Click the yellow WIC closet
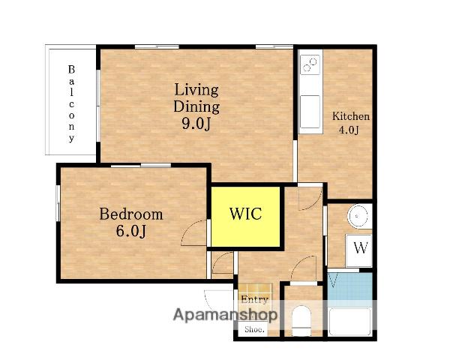(246, 217)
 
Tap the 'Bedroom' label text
(131, 214)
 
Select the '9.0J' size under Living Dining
(196, 124)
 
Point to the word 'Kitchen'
(351, 116)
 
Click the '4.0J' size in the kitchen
(349, 130)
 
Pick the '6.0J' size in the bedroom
(131, 231)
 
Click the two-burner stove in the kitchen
(310, 64)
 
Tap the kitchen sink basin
(310, 112)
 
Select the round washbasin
(358, 216)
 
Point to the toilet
(301, 321)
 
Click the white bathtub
(349, 322)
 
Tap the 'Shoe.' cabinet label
(254, 329)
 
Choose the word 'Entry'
(254, 299)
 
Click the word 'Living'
(196, 89)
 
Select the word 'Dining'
(196, 106)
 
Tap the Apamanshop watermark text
(225, 315)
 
